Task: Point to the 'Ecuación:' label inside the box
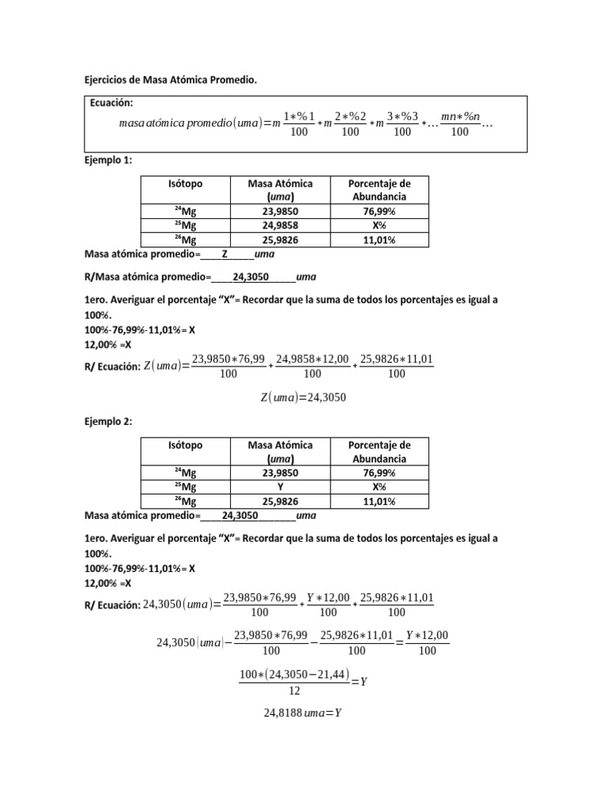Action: [111, 103]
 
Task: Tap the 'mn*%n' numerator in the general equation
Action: [460, 117]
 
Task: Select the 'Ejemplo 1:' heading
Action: [108, 160]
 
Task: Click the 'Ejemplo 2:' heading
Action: [108, 422]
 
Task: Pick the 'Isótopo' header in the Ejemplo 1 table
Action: [185, 183]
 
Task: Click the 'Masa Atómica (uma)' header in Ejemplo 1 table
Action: [280, 190]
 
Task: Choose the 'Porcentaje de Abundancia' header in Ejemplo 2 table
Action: [379, 451]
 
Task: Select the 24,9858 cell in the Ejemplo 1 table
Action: [280, 226]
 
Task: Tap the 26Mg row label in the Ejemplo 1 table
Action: [185, 240]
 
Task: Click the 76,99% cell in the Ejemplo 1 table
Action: [379, 211]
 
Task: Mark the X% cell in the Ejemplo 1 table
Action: [379, 226]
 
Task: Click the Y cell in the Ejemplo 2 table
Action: [280, 487]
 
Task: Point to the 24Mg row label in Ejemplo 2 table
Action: [185, 472]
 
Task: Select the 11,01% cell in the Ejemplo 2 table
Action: [379, 502]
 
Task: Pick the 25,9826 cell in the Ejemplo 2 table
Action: [280, 502]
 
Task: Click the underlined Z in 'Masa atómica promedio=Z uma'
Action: [224, 255]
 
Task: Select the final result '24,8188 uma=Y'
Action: [303, 713]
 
